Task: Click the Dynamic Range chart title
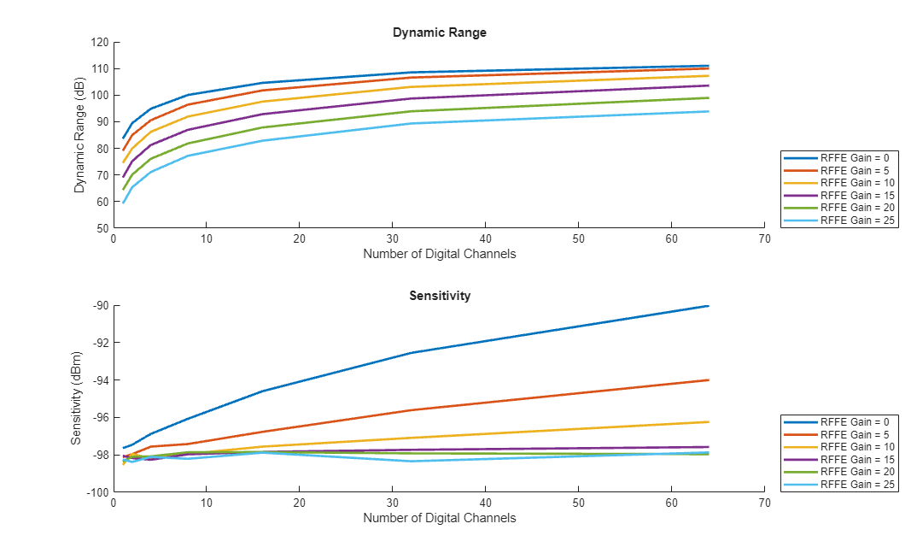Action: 439,32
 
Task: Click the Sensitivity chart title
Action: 439,296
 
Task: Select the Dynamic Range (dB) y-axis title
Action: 79,135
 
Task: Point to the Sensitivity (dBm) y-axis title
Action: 76,398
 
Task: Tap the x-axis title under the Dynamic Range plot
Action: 439,254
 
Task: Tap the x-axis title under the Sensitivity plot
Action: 439,517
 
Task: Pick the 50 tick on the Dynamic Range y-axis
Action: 102,228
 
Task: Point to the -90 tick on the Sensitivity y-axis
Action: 98,306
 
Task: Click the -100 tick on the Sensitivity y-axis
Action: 96,492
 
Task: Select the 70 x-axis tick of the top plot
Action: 764,239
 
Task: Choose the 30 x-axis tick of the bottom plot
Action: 392,503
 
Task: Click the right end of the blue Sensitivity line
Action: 709,306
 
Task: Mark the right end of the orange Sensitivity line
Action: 709,380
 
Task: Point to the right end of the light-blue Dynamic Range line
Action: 709,111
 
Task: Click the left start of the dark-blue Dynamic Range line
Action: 123,138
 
